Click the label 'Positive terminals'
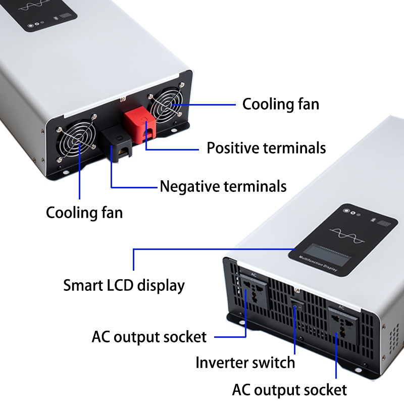click(266, 148)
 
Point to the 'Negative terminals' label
click(223, 186)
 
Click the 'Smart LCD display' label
click(124, 285)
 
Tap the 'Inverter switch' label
click(245, 363)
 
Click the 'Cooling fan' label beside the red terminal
click(280, 105)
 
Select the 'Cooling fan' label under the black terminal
click(84, 212)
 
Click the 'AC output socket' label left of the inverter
click(149, 336)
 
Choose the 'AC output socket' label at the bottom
click(289, 390)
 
